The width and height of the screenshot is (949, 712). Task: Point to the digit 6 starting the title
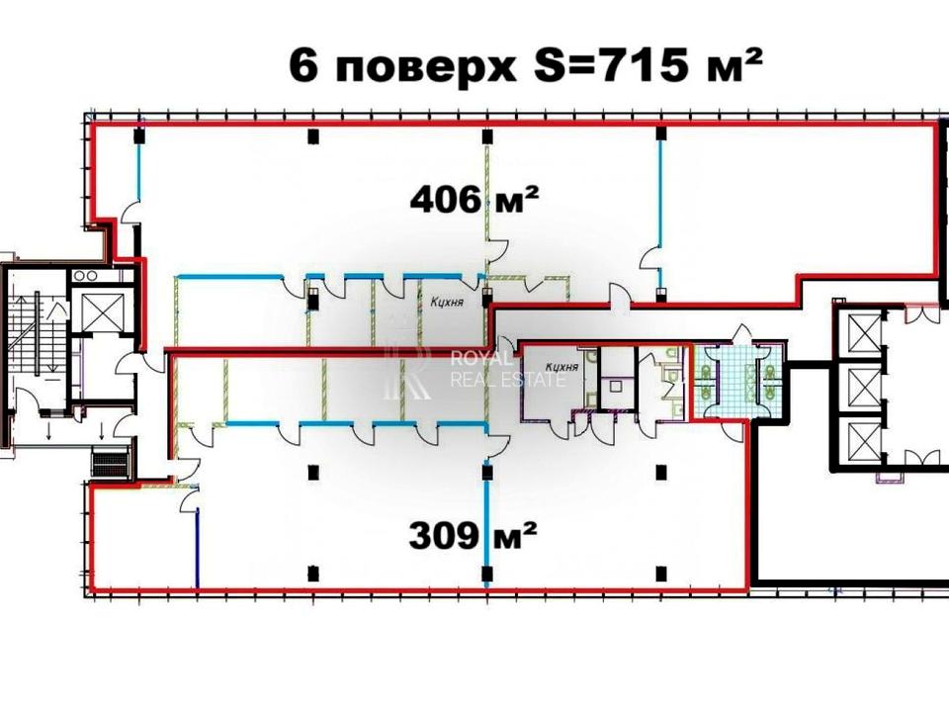pyautogui.click(x=303, y=65)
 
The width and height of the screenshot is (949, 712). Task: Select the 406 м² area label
pyautogui.click(x=474, y=199)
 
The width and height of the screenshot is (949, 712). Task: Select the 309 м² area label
pyautogui.click(x=473, y=535)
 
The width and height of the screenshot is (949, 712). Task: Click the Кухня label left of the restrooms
pyautogui.click(x=561, y=367)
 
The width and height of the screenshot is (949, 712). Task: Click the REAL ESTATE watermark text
pyautogui.click(x=508, y=380)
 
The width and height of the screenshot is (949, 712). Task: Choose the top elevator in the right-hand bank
pyautogui.click(x=865, y=333)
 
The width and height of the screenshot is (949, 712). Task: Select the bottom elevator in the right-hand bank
pyautogui.click(x=865, y=441)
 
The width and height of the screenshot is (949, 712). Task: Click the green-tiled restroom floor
pyautogui.click(x=736, y=380)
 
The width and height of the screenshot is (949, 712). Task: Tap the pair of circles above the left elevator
pyautogui.click(x=85, y=276)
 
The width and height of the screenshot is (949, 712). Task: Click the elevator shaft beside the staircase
pyautogui.click(x=98, y=311)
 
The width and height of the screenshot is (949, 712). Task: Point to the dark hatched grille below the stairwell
pyautogui.click(x=111, y=463)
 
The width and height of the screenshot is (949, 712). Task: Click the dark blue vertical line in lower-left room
pyautogui.click(x=198, y=548)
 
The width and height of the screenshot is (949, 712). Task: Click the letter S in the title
pyautogui.click(x=549, y=65)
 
